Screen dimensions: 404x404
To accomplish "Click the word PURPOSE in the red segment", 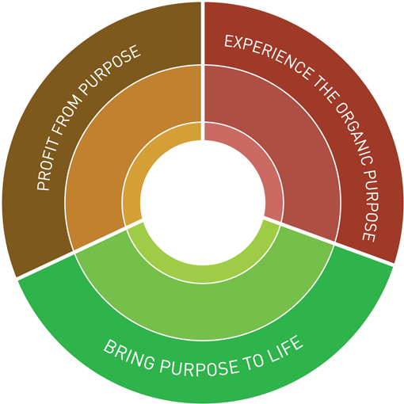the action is (370, 205).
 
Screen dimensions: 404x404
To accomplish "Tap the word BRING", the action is (128, 354).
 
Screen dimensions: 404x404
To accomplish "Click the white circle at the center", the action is (203, 203).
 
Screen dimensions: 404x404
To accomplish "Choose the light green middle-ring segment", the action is (204, 311).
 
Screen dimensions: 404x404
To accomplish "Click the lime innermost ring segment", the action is (204, 275).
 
